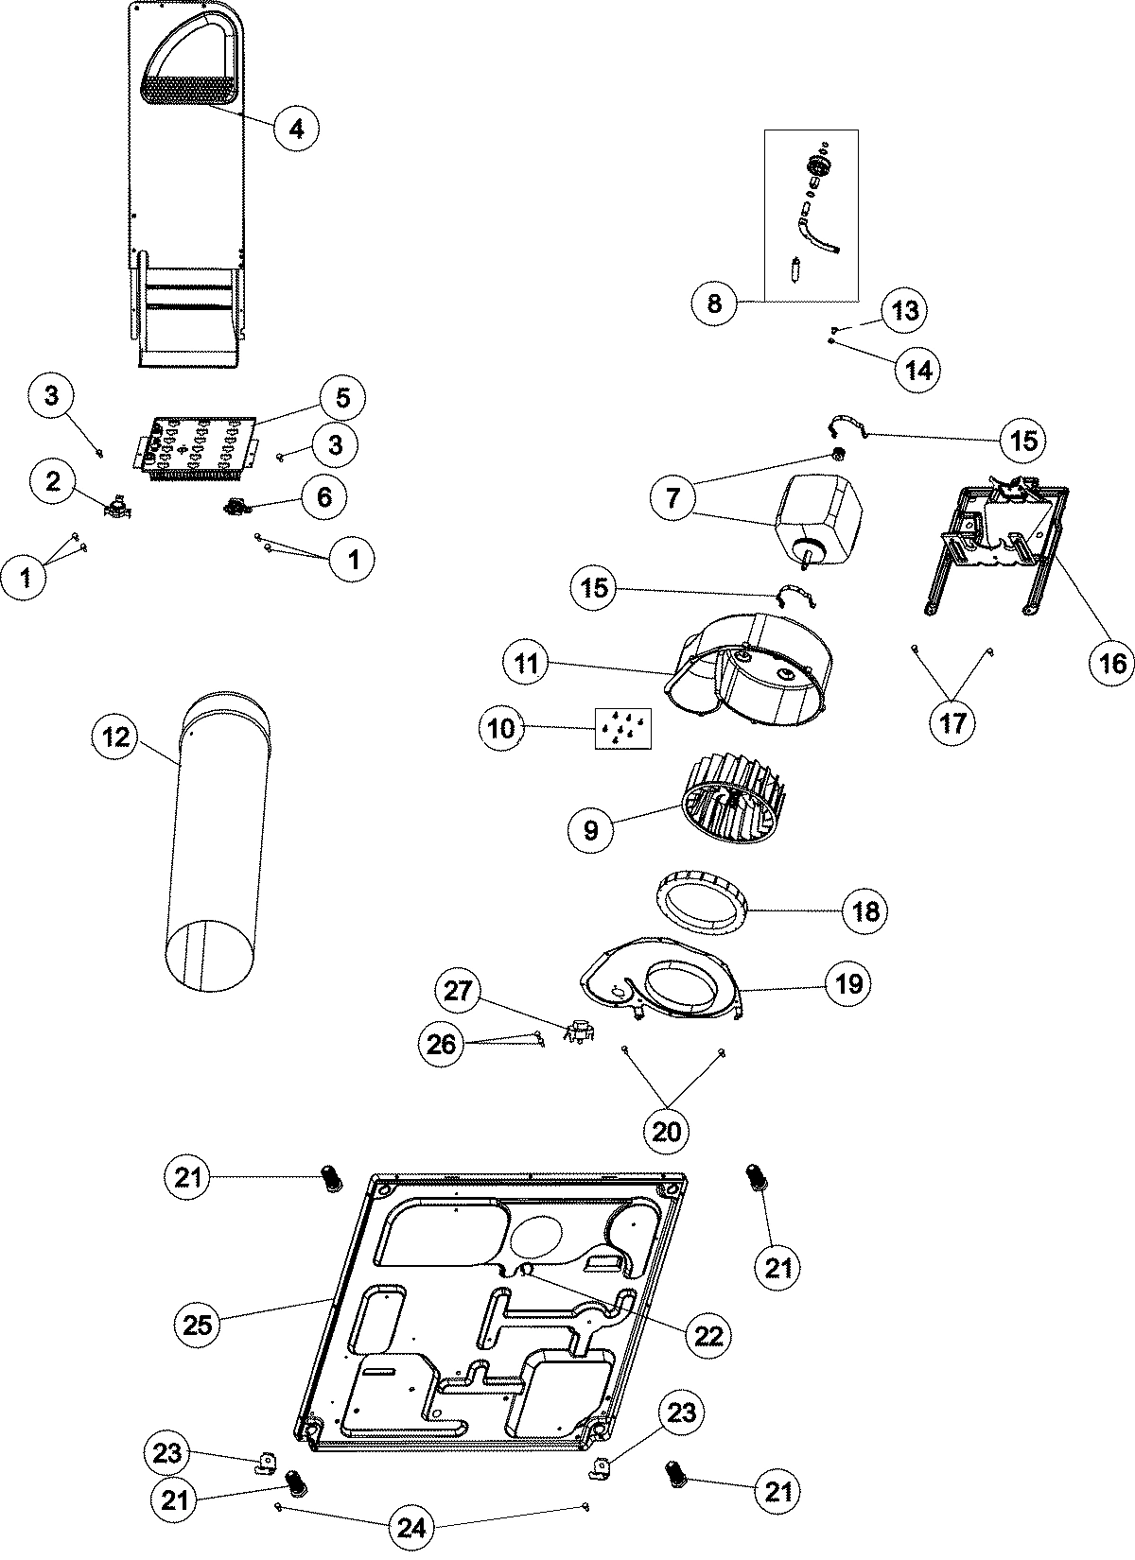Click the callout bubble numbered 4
point(296,128)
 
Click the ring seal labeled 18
point(699,906)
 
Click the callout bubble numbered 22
point(708,1335)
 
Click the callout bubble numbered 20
point(667,1130)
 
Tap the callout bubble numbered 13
point(905,310)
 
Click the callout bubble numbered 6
point(324,496)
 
